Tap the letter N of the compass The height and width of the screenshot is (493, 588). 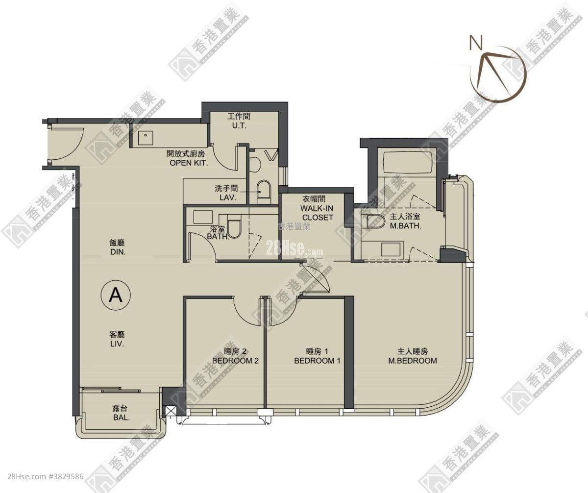click(x=475, y=43)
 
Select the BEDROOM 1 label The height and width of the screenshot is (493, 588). click(x=317, y=361)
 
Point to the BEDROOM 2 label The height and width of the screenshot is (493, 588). click(x=235, y=361)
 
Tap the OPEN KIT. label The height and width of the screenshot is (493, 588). click(x=189, y=163)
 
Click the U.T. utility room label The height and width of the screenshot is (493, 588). click(x=239, y=126)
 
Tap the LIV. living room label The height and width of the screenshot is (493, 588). click(x=116, y=344)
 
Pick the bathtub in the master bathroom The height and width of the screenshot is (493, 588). click(x=407, y=161)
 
